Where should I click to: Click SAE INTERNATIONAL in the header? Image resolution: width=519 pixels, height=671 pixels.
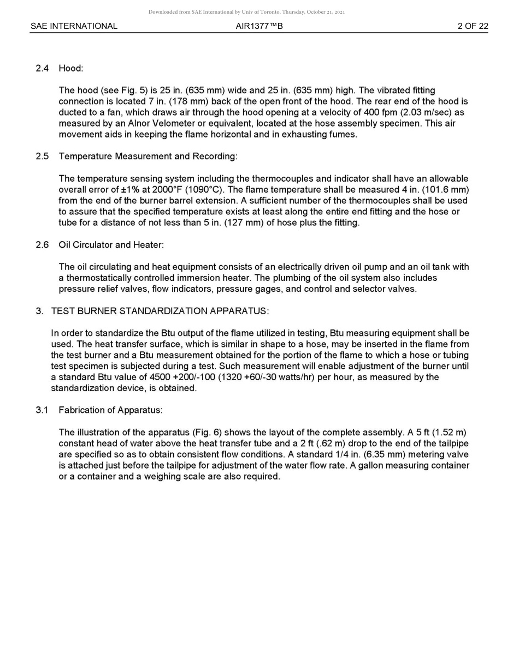74,26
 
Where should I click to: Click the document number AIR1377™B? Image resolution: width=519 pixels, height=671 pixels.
259,26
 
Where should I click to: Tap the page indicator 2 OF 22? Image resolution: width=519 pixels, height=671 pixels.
473,26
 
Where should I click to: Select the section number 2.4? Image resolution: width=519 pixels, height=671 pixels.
42,68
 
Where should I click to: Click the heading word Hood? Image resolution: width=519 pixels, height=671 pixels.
71,68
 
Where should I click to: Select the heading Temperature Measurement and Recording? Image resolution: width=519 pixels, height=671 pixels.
148,157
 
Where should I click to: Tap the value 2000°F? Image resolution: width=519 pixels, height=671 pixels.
169,190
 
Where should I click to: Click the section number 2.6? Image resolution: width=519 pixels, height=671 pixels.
42,245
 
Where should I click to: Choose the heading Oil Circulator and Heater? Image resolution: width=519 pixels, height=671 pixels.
111,245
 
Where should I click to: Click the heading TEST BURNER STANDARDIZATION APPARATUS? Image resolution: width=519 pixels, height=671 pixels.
160,311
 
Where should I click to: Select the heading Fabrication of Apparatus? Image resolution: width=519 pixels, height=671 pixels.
111,410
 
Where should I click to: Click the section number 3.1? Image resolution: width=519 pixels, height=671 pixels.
42,410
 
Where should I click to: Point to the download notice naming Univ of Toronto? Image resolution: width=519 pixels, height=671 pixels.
246,12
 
